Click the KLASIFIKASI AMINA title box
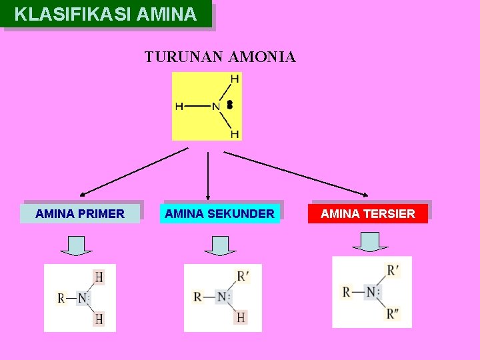coord(107,15)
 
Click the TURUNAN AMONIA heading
coord(220,57)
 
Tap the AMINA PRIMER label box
coord(80,213)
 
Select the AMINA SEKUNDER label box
coord(219,213)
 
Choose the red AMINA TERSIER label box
coord(367,213)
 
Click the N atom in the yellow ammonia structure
coord(215,106)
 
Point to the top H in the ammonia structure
coord(235,79)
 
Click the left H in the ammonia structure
coord(179,106)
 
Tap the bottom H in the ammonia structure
coord(235,133)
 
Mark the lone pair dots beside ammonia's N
coord(229,105)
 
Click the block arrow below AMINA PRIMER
coord(76,245)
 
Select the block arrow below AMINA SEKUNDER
coord(220,245)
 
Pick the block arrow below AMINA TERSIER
coord(370,242)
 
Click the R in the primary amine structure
coord(61,298)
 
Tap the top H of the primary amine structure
coord(99,277)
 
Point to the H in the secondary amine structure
coord(241,317)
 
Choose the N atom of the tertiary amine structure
coord(371,292)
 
